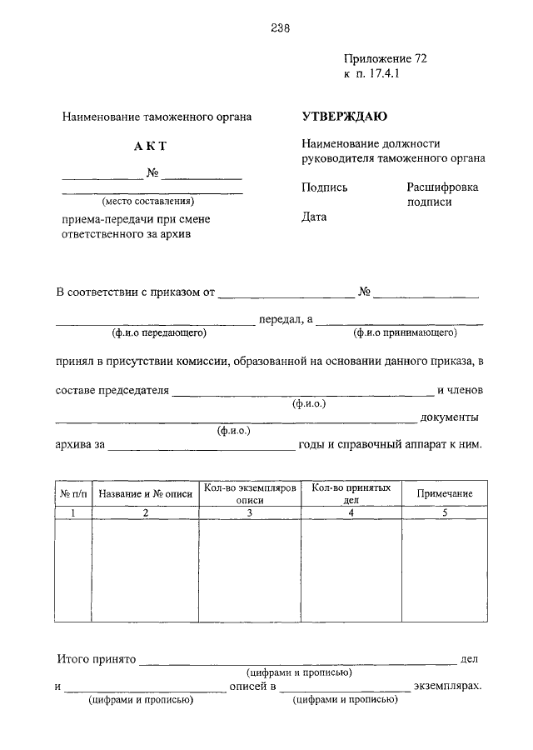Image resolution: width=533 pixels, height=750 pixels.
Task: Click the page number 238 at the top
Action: coord(280,27)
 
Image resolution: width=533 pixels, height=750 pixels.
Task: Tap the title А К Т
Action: coord(151,147)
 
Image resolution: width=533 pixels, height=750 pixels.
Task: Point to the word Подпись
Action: coord(325,187)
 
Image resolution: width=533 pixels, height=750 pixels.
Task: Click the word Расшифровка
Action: coord(442,187)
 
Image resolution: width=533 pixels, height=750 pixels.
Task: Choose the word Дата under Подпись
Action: coord(314,217)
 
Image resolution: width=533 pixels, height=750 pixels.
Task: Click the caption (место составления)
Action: coord(148,201)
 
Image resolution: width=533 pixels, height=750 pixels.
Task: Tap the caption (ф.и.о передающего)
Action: coord(159,333)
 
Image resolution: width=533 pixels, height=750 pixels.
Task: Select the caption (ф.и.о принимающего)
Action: coord(406,333)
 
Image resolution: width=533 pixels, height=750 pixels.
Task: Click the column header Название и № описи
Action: coord(145,494)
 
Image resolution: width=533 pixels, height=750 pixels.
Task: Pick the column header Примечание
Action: coord(444,494)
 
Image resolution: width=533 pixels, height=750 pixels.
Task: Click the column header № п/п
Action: coord(72,494)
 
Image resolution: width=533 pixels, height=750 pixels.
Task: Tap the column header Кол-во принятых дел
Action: coord(351,494)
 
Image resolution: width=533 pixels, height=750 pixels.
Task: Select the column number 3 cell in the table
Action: coord(249,513)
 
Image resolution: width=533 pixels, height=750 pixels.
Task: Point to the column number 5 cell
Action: coord(444,513)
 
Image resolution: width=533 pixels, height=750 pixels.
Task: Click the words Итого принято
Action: coord(96,658)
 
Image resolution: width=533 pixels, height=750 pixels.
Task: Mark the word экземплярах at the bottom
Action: coord(448,687)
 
